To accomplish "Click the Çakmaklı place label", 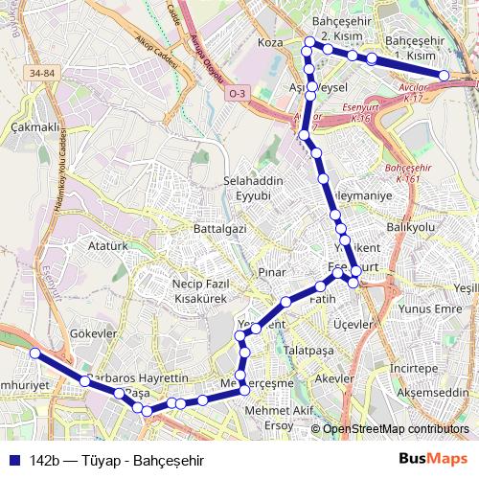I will pos(34,126).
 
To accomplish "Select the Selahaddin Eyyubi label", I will pos(248,188).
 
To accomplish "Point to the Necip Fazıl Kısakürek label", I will pos(200,291).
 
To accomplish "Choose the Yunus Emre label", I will pos(430,309).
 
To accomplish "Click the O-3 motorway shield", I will pos(237,93).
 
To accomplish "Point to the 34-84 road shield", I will pos(42,72).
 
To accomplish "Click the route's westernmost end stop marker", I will pos(34,354).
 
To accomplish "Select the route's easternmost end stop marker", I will pos(445,75).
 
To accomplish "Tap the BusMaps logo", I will pos(433,459).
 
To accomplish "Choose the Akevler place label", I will pos(334,378).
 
